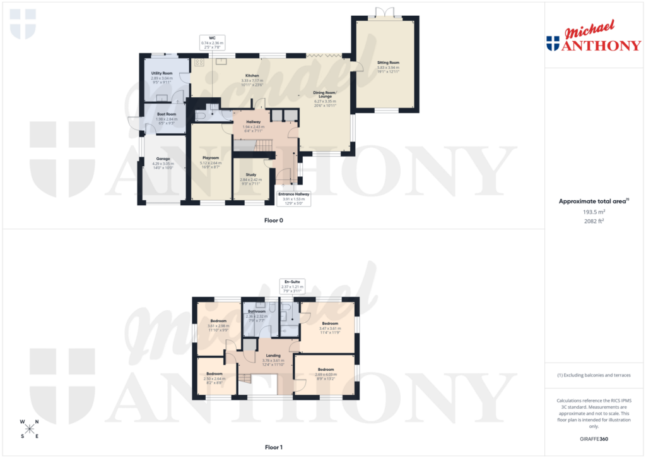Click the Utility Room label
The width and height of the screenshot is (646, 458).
(x=161, y=73)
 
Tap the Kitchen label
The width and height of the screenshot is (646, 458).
(x=252, y=76)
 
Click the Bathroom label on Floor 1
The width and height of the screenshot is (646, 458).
(x=256, y=311)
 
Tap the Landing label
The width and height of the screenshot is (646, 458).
(x=273, y=356)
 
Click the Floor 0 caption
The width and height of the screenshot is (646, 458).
(x=273, y=221)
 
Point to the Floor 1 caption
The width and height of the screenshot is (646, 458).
(x=273, y=447)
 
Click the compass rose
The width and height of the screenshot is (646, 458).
(x=30, y=428)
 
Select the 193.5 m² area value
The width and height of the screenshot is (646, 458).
(x=588, y=212)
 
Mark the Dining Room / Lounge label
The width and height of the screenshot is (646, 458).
(x=326, y=94)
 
